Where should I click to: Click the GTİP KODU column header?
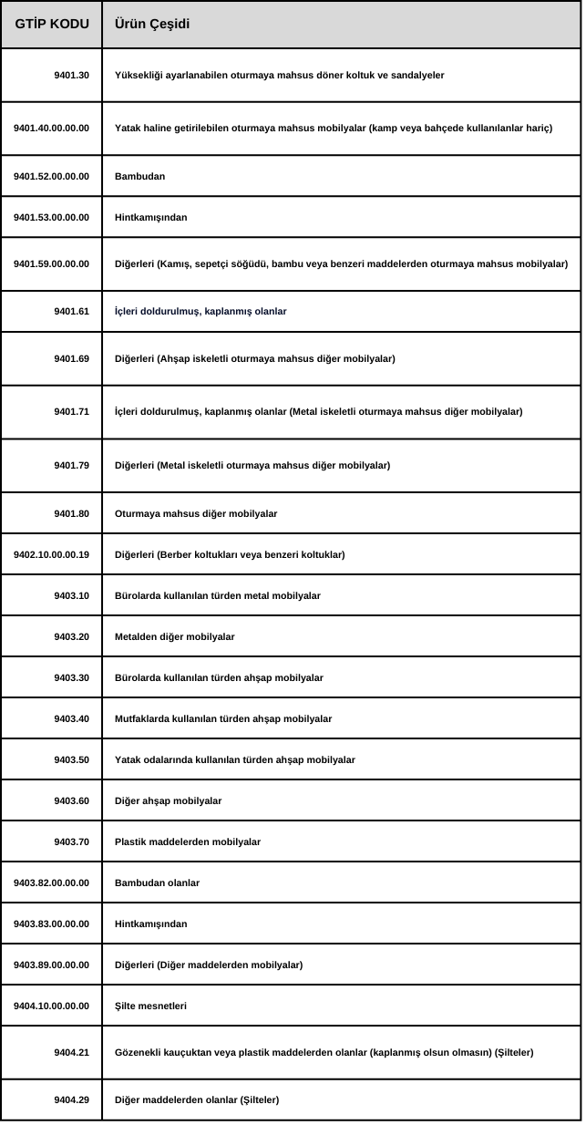pyautogui.click(x=52, y=25)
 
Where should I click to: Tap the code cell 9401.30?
pyautogui.click(x=72, y=75)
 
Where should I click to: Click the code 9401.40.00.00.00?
pyautogui.click(x=52, y=128)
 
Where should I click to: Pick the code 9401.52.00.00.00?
pyautogui.click(x=52, y=176)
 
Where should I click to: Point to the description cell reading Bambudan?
pyautogui.click(x=140, y=176)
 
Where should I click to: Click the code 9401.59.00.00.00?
pyautogui.click(x=52, y=264)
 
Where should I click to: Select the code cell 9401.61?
pyautogui.click(x=72, y=312)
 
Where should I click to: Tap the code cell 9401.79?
pyautogui.click(x=72, y=466)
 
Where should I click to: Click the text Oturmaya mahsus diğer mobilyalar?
pyautogui.click(x=196, y=514)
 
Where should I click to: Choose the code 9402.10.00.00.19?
pyautogui.click(x=52, y=554)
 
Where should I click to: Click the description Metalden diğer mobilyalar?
pyautogui.click(x=175, y=636)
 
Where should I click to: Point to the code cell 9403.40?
pyautogui.click(x=72, y=718)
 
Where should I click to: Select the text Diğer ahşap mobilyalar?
pyautogui.click(x=169, y=800)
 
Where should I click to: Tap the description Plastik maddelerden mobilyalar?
pyautogui.click(x=188, y=841)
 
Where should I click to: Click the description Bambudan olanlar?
pyautogui.click(x=158, y=882)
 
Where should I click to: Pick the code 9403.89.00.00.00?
pyautogui.click(x=52, y=965)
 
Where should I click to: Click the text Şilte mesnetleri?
pyautogui.click(x=151, y=1006)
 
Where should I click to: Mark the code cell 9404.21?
pyautogui.click(x=72, y=1053)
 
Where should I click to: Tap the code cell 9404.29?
pyautogui.click(x=72, y=1100)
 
